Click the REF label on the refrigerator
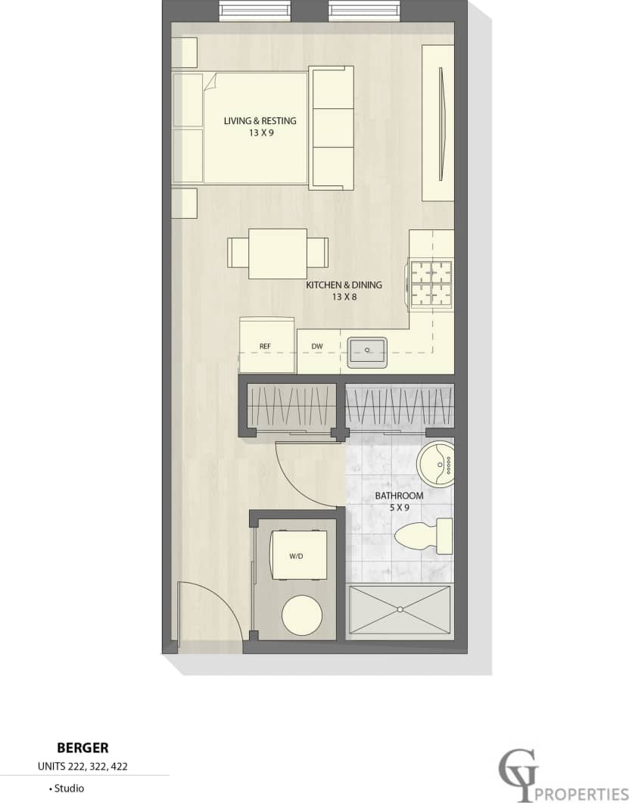click(265, 347)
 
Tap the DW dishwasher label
click(317, 347)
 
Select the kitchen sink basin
click(367, 351)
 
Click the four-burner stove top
click(431, 283)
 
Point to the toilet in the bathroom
click(423, 535)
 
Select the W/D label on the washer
click(296, 556)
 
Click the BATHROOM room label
click(399, 496)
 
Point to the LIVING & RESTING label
click(260, 121)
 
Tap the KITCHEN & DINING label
click(344, 285)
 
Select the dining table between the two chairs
click(278, 253)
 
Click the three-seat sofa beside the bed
click(332, 127)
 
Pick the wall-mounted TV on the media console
click(442, 123)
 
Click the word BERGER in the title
click(83, 749)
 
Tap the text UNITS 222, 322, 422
click(83, 766)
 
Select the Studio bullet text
click(67, 788)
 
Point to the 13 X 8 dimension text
click(344, 297)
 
